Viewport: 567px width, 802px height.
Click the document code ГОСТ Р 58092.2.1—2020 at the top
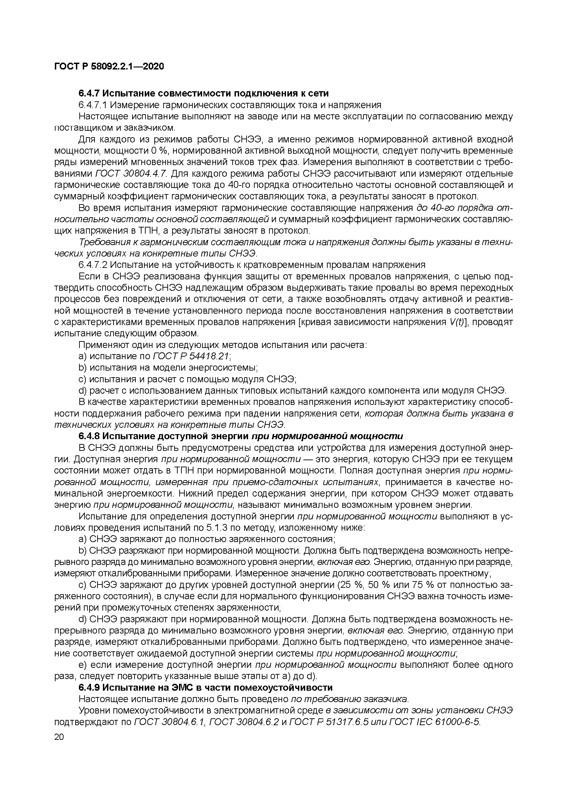109,66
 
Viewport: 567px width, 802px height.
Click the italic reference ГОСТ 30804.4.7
131,174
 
